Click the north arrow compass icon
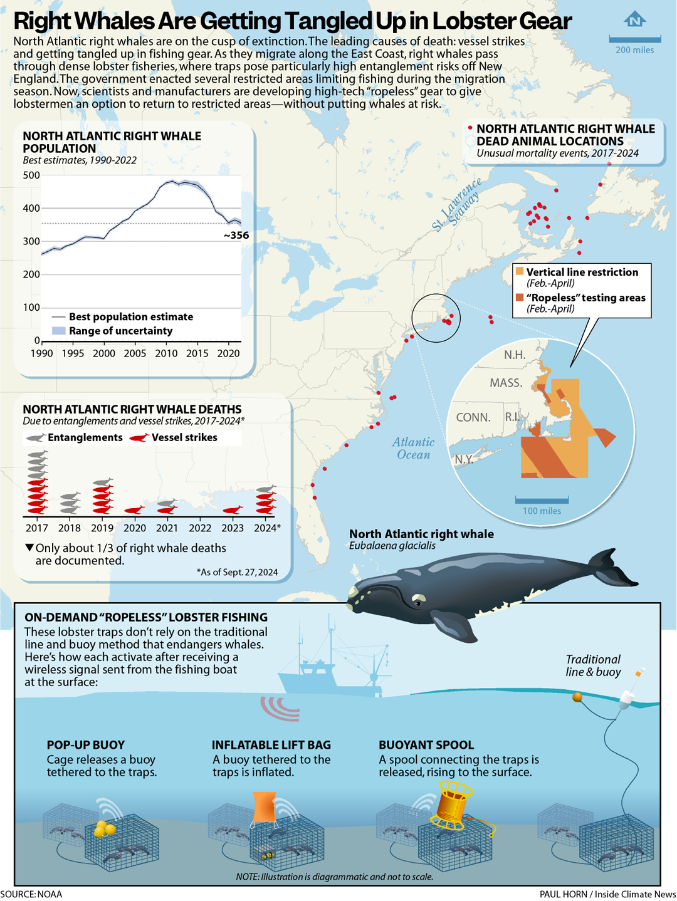pos(635,20)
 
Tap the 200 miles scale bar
pos(635,39)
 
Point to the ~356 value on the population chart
pos(236,236)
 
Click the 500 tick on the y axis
pos(32,175)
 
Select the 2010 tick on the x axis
pos(166,353)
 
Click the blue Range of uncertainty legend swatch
pos(58,331)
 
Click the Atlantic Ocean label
pos(414,449)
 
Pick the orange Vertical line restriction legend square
pos(520,271)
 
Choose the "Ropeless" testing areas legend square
pos(520,297)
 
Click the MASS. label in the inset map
pos(506,383)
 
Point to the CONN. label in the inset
pos(473,417)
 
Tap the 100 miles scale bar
pos(542,500)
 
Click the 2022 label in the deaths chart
pos(200,528)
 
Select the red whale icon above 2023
pos(233,509)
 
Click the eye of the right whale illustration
pos(417,603)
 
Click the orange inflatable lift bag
pos(264,808)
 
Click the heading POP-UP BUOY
pos(86,745)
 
